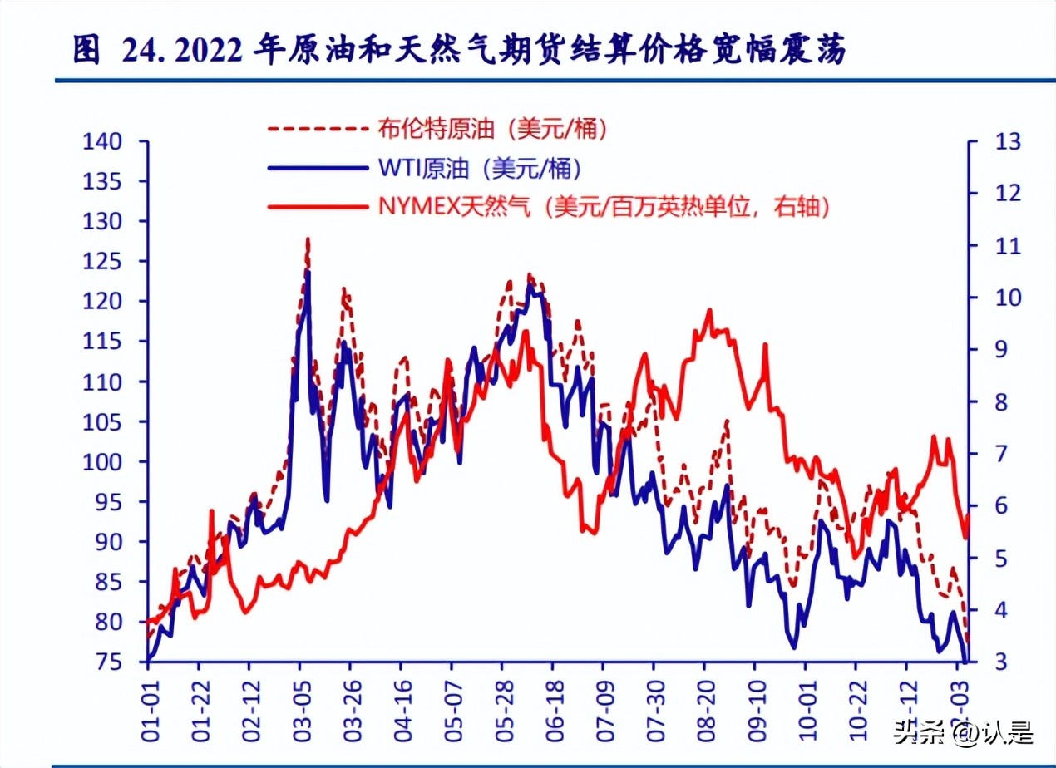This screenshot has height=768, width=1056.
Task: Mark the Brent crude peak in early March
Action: tap(308, 239)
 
